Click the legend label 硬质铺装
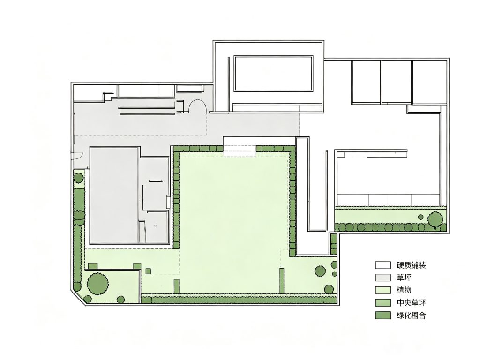[x=411, y=265]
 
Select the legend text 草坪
[x=404, y=277]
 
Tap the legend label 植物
[x=404, y=290]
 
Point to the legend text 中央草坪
[x=411, y=303]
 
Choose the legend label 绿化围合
[x=411, y=315]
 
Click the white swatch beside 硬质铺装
[x=383, y=265]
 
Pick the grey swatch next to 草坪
[x=383, y=277]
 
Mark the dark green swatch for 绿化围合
[x=383, y=315]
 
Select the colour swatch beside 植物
[x=383, y=290]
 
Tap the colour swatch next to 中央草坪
[x=383, y=303]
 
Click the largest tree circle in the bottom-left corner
[x=97, y=283]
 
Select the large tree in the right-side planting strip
[x=435, y=219]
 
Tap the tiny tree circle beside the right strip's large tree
[x=420, y=217]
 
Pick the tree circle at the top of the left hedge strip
[x=79, y=178]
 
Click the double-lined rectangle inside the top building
[x=273, y=74]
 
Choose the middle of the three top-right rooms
[x=396, y=82]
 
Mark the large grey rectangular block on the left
[x=114, y=195]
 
